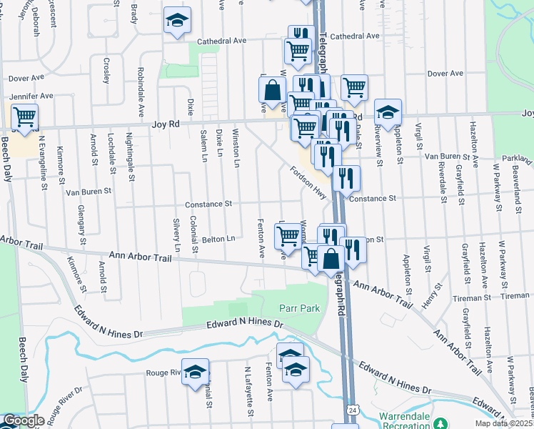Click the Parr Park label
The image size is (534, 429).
298,308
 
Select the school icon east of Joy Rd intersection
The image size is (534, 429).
388,112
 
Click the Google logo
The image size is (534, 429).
24,420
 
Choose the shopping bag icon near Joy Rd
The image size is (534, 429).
272,91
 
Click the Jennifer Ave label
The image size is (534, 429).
31,96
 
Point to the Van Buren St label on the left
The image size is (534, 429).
89,192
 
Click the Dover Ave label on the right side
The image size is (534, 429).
445,74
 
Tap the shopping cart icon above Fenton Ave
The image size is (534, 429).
287,235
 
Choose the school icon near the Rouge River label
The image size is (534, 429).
195,372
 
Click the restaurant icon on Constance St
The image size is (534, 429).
346,179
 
